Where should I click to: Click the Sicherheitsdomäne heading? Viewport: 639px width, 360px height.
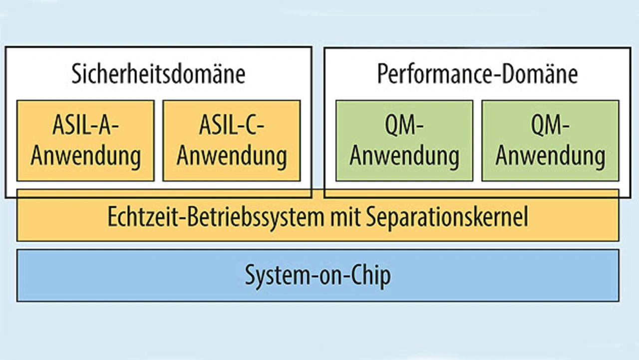pyautogui.click(x=158, y=74)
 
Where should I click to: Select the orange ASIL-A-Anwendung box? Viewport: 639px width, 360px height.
pyautogui.click(x=85, y=140)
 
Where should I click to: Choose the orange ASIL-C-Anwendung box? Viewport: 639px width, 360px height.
pyautogui.click(x=232, y=140)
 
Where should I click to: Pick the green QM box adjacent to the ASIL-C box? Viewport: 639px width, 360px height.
pyautogui.click(x=404, y=140)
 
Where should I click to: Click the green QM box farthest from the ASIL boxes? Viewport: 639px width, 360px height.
pyautogui.click(x=550, y=140)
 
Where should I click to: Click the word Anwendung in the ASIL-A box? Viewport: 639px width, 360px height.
pyautogui.click(x=85, y=156)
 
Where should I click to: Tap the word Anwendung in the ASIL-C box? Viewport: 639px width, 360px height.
pyautogui.click(x=232, y=156)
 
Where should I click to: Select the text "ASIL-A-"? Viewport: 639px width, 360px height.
pyautogui.click(x=85, y=126)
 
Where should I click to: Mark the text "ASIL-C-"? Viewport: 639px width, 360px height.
pyautogui.click(x=232, y=126)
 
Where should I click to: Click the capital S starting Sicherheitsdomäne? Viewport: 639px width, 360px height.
pyautogui.click(x=76, y=74)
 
